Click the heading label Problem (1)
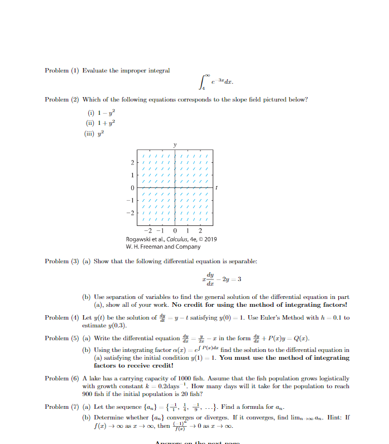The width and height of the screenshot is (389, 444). (x=62, y=71)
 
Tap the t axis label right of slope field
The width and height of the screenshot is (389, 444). (x=217, y=187)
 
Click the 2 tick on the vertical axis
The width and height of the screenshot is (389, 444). (x=132, y=163)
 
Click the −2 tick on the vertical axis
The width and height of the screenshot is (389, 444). (x=131, y=213)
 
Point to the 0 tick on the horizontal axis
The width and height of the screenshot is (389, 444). (x=175, y=231)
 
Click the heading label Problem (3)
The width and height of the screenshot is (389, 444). (x=62, y=261)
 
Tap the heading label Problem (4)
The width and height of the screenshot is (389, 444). (x=62, y=317)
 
